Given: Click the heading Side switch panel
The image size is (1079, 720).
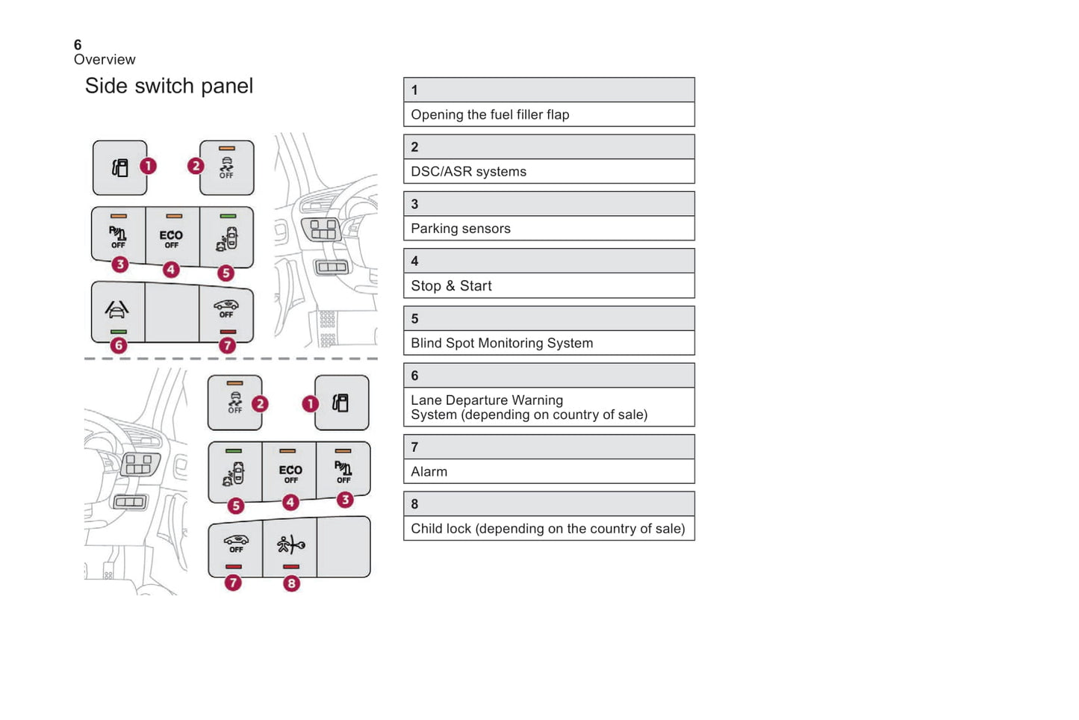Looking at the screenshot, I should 169,86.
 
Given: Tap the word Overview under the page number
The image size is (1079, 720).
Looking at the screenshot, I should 105,60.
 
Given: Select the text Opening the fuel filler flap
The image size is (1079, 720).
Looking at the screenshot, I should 490,114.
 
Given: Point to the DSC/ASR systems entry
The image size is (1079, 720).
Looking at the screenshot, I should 468,172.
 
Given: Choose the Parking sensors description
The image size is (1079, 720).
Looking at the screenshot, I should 461,229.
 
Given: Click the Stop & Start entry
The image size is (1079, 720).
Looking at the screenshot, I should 451,286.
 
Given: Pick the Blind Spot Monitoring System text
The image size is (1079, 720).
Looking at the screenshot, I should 502,343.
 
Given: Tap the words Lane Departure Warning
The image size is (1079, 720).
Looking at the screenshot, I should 487,400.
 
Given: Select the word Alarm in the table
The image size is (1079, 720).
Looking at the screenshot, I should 429,472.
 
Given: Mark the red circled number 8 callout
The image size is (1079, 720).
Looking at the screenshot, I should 291,583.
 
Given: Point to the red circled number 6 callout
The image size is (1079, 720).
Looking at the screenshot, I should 118,345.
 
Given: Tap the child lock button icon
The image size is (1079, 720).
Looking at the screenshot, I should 290,544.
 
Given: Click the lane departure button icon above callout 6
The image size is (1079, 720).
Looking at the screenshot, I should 117,308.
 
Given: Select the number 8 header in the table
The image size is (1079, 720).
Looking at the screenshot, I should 414,504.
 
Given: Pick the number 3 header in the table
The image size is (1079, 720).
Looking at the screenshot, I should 414,204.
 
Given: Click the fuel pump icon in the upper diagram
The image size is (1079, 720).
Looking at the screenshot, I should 119,167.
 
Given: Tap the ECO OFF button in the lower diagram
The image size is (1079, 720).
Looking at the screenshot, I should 290,474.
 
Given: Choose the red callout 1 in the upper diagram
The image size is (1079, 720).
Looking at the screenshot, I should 149,166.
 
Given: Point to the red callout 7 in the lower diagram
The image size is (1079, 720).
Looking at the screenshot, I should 233,583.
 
